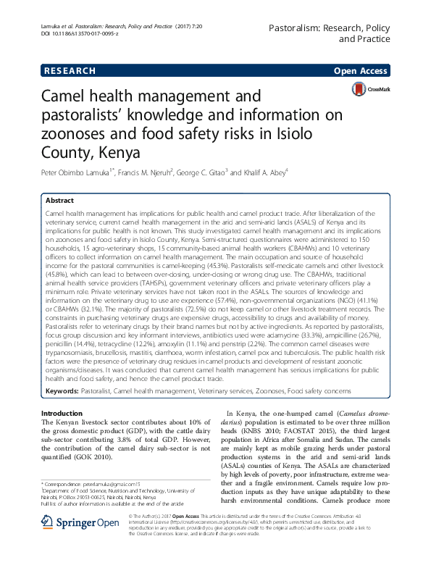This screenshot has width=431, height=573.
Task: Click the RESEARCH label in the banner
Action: click(69, 71)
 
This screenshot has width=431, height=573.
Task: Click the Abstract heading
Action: click(59, 200)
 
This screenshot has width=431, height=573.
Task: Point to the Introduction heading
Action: click(64, 412)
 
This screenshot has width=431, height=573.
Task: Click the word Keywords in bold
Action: click(63, 390)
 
